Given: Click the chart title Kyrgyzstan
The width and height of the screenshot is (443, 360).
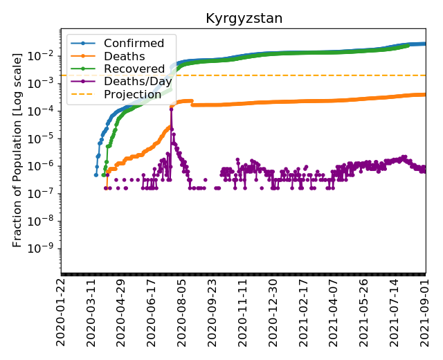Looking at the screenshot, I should [x=244, y=19].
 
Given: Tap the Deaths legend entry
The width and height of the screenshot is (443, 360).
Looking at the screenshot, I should [x=119, y=56].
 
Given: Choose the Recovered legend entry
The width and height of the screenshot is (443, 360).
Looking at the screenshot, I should [x=129, y=69].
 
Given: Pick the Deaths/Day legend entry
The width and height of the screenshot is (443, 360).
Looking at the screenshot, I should [x=134, y=81].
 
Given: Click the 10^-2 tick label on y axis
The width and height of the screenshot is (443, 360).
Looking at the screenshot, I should [x=46, y=55].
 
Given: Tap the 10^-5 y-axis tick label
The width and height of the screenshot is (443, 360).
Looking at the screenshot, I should [x=46, y=138].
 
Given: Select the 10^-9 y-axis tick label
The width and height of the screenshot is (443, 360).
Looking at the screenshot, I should [x=46, y=249].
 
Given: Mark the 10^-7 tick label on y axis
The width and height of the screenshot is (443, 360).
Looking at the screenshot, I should [x=46, y=193].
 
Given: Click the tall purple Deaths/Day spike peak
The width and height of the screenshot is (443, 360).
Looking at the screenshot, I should [x=171, y=109].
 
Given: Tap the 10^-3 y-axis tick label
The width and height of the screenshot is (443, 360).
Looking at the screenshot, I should [x=46, y=83].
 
